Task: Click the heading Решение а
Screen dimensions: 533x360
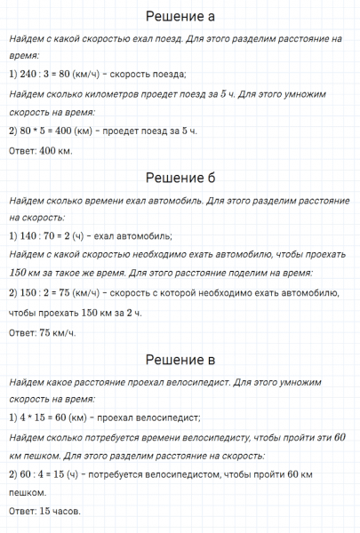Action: click(180, 17)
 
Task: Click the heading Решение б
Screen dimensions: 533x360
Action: click(180, 178)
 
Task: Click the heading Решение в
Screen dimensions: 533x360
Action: click(180, 360)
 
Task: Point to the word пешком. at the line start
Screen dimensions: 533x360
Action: click(28, 492)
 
